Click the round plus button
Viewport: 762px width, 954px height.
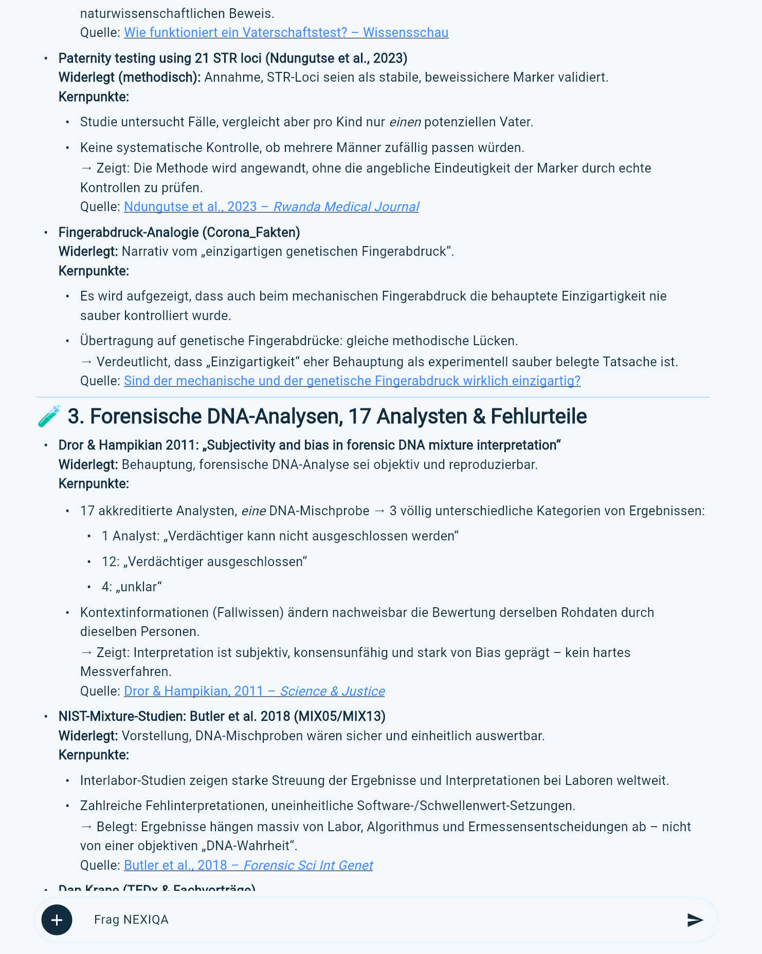point(57,920)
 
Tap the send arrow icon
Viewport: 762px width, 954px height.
point(695,920)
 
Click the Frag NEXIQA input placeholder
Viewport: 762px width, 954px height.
point(131,920)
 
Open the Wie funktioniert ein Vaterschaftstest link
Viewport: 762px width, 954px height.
point(286,32)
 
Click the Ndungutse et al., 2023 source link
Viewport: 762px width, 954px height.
point(271,207)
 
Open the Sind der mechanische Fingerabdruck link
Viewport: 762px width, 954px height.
point(352,381)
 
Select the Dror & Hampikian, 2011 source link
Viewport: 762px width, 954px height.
point(254,691)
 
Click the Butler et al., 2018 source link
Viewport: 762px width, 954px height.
point(248,865)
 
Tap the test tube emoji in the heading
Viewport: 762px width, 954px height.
point(49,416)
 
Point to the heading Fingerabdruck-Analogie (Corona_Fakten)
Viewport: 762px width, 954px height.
point(179,232)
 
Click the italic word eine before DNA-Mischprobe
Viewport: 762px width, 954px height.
point(253,511)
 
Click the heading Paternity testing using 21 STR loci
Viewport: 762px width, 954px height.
point(232,58)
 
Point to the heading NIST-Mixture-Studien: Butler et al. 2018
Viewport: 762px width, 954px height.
point(222,716)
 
